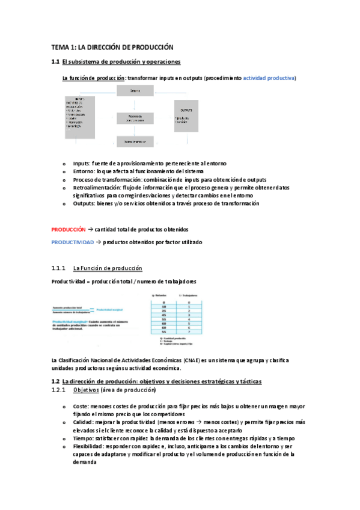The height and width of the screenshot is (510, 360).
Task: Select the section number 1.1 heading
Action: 55,62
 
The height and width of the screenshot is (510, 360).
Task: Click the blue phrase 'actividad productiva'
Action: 269,78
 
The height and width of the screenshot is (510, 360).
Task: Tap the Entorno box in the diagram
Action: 136,91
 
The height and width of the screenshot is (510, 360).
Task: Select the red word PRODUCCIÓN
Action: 69,229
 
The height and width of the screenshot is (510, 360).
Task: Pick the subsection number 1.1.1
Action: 58,268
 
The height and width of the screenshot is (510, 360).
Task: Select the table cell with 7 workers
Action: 189,332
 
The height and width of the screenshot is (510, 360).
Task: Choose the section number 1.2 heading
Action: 55,382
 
